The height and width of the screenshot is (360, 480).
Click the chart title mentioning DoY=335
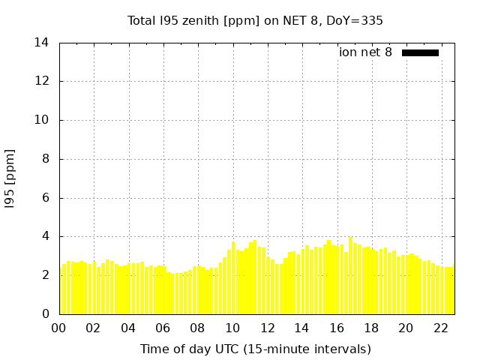pos(255,20)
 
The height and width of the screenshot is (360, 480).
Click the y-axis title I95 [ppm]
pos(10,178)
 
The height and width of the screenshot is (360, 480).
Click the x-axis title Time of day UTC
pos(255,349)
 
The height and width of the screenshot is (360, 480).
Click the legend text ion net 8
pos(365,52)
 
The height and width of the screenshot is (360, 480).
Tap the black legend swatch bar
pos(420,52)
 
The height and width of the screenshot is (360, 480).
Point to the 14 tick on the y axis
pos(42,43)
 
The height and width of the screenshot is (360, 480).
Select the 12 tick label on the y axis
pos(42,81)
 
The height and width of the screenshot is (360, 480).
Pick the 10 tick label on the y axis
pos(42,120)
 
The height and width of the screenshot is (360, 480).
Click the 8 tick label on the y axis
pos(46,159)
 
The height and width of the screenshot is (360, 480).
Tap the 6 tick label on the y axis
pos(46,198)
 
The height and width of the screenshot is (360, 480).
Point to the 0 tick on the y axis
pos(46,314)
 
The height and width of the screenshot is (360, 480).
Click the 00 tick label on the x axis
pos(59,328)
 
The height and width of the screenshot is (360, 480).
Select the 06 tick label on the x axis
pos(163,328)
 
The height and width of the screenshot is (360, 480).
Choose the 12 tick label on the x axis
pos(267,328)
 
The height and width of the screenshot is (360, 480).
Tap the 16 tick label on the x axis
pos(336,328)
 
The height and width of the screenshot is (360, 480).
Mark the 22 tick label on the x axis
pos(440,328)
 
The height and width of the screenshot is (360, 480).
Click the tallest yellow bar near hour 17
pos(350,276)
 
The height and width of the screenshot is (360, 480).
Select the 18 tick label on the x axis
pos(370,328)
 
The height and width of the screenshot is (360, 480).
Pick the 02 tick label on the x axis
pos(94,328)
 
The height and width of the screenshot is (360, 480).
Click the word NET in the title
pos(292,20)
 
